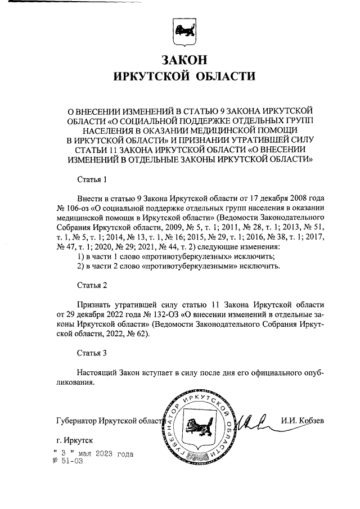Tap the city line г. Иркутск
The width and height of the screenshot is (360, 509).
coord(75,442)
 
